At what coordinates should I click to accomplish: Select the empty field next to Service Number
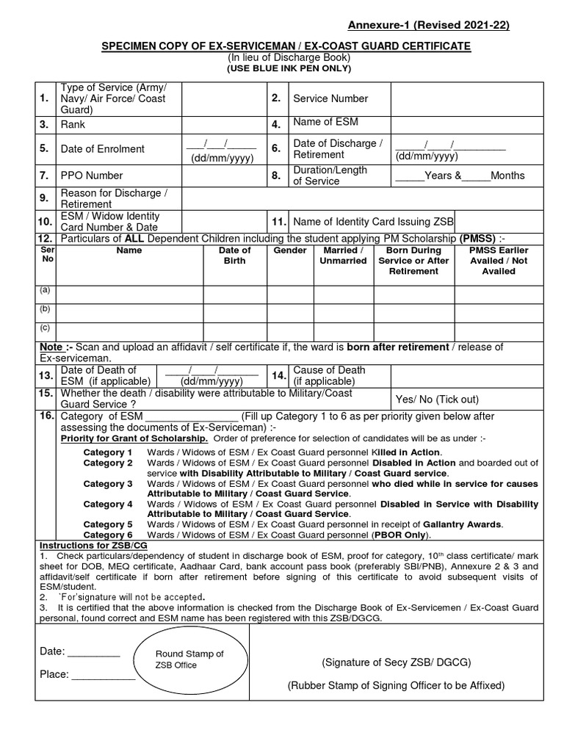(466, 99)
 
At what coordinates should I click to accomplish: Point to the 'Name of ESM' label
(325, 122)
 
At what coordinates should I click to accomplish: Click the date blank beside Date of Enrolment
(221, 149)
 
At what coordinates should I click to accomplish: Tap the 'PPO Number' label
(92, 176)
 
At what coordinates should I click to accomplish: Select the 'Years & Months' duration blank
(460, 176)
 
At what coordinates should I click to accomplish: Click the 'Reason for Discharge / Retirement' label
(115, 198)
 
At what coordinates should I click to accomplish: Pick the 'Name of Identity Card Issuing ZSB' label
(373, 222)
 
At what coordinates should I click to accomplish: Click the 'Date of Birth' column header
(234, 256)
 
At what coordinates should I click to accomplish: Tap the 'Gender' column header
(289, 250)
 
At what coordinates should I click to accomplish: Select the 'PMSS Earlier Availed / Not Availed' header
(499, 261)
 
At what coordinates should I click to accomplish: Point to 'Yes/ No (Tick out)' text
(437, 399)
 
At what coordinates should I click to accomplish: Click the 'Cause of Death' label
(329, 375)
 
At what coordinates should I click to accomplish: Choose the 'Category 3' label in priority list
(108, 484)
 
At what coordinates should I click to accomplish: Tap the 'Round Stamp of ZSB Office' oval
(189, 659)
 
